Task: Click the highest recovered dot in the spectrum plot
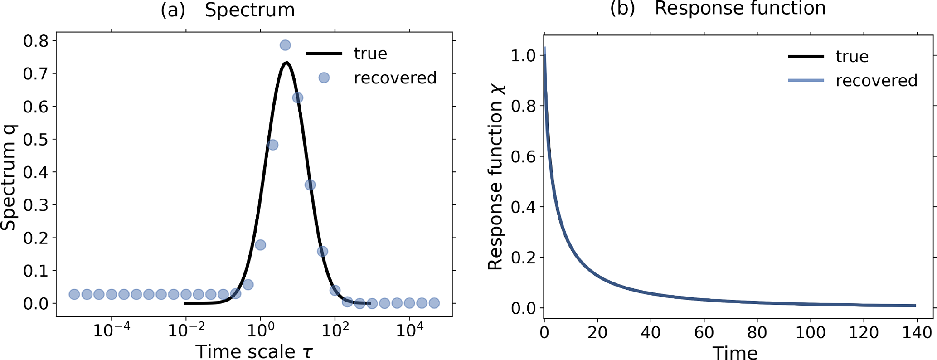tap(285, 45)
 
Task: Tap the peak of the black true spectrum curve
tap(286, 63)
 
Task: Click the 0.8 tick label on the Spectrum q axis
tap(36, 41)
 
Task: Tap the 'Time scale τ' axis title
tap(254, 352)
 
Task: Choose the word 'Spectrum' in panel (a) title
tap(250, 10)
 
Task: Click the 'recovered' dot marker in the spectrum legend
tap(324, 78)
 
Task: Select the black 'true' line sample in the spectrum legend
tap(324, 54)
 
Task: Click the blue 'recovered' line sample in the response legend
tap(806, 80)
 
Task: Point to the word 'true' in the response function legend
tap(852, 56)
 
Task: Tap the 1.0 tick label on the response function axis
tap(523, 56)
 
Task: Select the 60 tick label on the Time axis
tap(704, 333)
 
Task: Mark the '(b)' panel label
tap(622, 9)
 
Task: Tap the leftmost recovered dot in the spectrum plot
tap(74, 294)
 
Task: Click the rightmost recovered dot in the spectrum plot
tap(434, 303)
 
